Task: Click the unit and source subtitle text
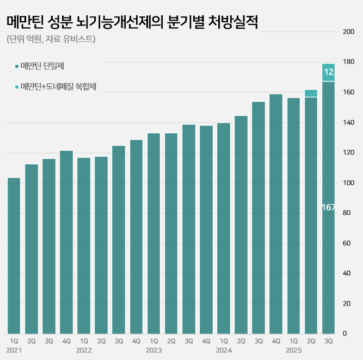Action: pos(51,39)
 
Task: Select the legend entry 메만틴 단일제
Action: pos(46,66)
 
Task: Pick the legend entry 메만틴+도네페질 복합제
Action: pos(58,86)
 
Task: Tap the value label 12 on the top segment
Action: pos(329,72)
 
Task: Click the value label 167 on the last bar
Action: pos(329,207)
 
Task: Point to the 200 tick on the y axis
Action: pos(348,32)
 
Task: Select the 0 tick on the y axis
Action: pos(344,333)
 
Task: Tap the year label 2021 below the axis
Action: pos(15,350)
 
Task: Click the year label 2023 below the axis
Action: pos(154,350)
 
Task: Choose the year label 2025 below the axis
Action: pos(294,350)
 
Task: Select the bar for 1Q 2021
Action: pos(14,256)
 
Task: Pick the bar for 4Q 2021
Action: pos(66,242)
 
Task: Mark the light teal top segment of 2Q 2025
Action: pos(311,93)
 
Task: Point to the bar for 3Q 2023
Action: pos(189,229)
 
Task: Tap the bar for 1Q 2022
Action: pos(84,245)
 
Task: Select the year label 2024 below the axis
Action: pos(224,350)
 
